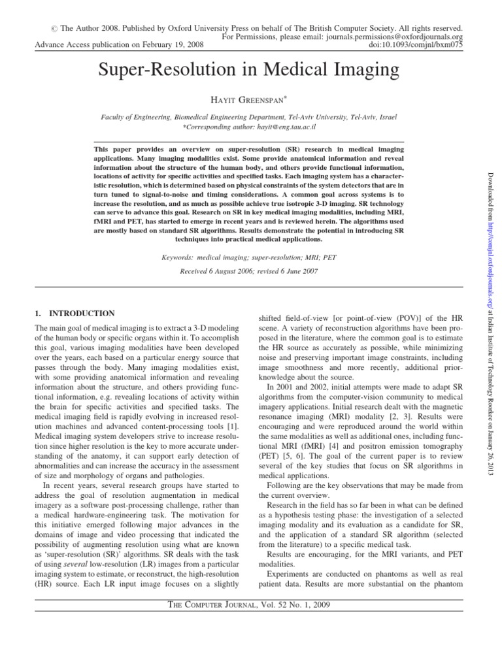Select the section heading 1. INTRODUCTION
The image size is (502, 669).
click(75, 313)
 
